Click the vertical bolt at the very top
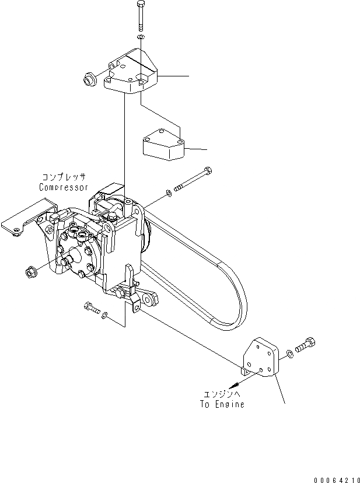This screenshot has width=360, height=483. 141,16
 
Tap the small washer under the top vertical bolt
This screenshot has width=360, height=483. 141,38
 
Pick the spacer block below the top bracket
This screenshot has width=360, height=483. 163,146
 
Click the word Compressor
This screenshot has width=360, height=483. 64,188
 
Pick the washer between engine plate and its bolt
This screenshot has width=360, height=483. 290,354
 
